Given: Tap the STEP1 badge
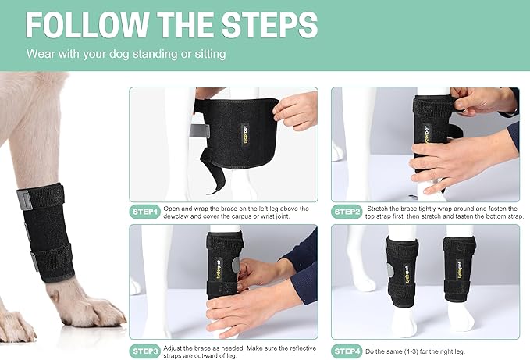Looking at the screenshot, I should tap(145, 211).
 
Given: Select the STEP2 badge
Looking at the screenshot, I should tap(347, 211).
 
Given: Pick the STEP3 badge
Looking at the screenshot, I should tap(145, 351).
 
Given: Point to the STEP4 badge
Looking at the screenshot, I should tap(347, 351).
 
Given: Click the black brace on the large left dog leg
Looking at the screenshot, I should tap(48, 234).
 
